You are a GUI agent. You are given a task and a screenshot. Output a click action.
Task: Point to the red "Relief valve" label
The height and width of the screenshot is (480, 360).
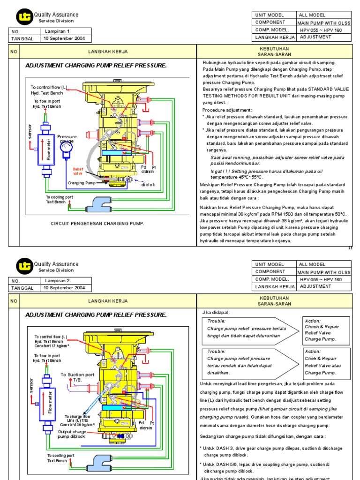[x=78, y=171]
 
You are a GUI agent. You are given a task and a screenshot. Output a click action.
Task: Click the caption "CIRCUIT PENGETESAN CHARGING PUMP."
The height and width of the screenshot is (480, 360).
[x=97, y=224]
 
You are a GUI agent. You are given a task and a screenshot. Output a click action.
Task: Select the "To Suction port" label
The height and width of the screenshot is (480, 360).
[x=77, y=375]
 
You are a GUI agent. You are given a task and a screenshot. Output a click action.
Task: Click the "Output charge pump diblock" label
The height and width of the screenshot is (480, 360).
[x=72, y=434]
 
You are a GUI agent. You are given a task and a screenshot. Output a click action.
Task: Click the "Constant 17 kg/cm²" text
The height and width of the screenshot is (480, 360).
[x=52, y=346]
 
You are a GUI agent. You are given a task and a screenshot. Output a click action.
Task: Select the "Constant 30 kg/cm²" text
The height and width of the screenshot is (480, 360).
[x=81, y=425]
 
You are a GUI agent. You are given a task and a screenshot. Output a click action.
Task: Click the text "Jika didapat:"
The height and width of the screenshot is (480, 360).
[x=216, y=312]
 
